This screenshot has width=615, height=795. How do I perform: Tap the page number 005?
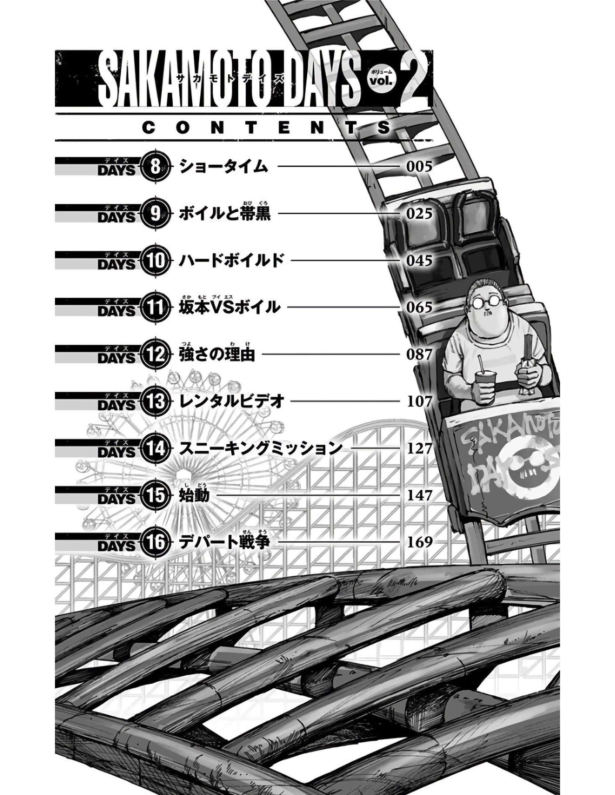[x=419, y=167]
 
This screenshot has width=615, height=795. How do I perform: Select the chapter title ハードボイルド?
[x=231, y=261]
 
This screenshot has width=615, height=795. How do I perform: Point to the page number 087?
[x=419, y=354]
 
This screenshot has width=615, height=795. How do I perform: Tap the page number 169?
[x=419, y=542]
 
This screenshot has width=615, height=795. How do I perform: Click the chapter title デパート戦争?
[x=225, y=542]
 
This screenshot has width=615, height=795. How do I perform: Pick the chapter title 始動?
[x=194, y=495]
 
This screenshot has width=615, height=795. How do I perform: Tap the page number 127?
[x=419, y=448]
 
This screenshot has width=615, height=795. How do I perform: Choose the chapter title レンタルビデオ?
[x=231, y=402]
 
